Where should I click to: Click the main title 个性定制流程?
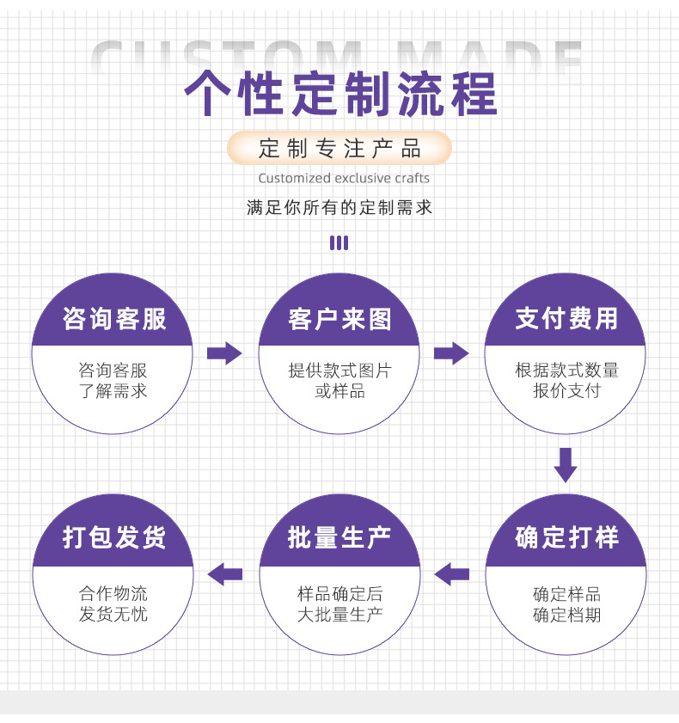340,94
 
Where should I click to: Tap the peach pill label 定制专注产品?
339,148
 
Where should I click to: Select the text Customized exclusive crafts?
344,178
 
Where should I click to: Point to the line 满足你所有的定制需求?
339,207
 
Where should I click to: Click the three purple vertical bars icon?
339,242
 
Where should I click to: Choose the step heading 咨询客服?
113,319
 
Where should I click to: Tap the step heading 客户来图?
339,319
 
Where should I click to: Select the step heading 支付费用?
566,319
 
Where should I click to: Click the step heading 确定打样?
566,538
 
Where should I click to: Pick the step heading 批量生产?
339,538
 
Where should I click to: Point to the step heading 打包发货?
113,538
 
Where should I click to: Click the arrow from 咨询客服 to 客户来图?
224,352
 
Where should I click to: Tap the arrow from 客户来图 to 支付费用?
451,352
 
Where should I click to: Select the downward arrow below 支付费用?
566,464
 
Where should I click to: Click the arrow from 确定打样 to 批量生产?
451,573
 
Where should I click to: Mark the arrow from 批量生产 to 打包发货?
225,573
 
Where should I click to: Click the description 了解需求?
113,391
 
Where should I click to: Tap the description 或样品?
339,391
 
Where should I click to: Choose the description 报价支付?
566,391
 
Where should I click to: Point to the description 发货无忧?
113,615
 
